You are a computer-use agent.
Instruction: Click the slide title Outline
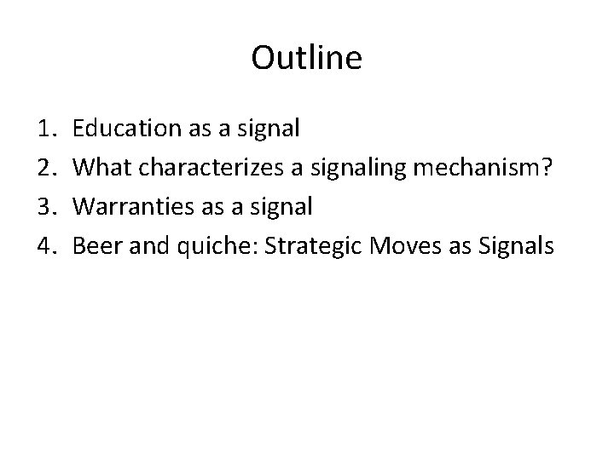[307, 58]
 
